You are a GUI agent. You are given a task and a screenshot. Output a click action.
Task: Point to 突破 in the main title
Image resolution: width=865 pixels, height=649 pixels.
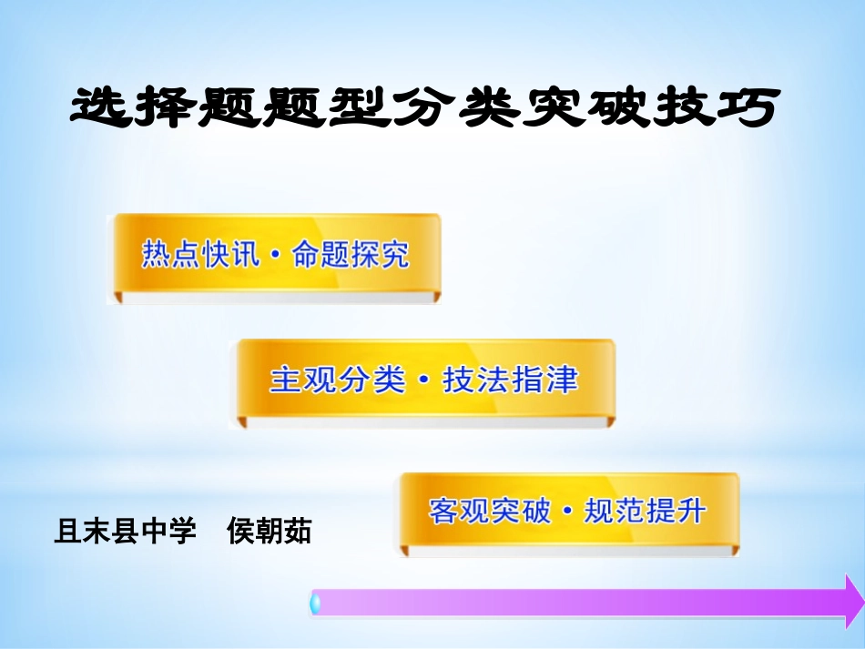pyautogui.click(x=602, y=108)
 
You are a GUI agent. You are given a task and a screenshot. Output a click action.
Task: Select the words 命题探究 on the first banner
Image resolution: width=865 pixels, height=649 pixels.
pyautogui.click(x=351, y=255)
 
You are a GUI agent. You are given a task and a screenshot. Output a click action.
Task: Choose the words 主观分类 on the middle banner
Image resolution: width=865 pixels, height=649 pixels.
pyautogui.click(x=337, y=380)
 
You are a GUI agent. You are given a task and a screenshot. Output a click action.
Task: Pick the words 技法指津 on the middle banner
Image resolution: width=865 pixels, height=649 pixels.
pyautogui.click(x=510, y=380)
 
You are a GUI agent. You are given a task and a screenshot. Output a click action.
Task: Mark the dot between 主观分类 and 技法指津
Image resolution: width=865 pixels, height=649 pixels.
pyautogui.click(x=423, y=381)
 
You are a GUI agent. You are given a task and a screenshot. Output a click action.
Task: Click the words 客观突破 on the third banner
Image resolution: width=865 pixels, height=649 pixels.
pyautogui.click(x=490, y=511)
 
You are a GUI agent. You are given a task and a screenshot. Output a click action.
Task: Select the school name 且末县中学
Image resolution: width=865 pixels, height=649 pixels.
pyautogui.click(x=126, y=531)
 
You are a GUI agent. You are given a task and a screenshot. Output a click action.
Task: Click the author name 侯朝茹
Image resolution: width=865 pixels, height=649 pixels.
pyautogui.click(x=270, y=531)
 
